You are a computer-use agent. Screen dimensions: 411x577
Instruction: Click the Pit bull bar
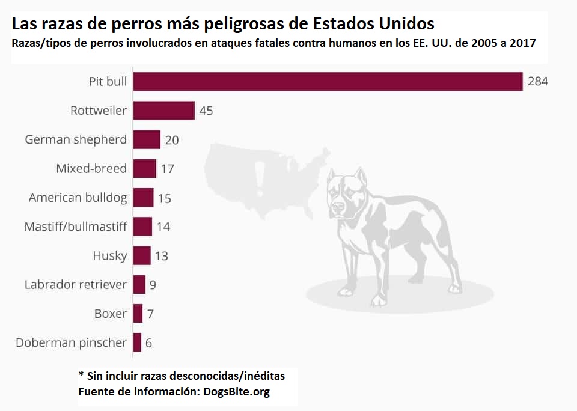[x=328, y=82]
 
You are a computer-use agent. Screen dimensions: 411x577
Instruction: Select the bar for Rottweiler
[x=163, y=111]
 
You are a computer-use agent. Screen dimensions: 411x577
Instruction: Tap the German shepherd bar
[x=147, y=139]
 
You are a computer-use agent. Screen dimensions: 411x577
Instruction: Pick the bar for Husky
[x=142, y=255]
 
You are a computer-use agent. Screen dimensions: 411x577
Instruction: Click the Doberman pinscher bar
[x=137, y=342]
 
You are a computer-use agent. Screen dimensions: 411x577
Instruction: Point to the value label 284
[x=538, y=82]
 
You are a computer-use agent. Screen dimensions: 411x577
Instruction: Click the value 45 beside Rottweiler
[x=206, y=111]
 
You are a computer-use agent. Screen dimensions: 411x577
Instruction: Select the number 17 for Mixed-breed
[x=167, y=169]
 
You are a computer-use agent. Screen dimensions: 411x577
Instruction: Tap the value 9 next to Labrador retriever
[x=153, y=285]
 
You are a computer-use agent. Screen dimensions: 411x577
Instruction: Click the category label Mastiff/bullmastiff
[x=76, y=227]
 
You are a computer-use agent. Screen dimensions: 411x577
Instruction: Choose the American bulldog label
[x=78, y=198]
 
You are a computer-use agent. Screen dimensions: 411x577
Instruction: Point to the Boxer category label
[x=111, y=314]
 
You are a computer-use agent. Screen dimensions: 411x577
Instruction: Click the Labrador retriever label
[x=76, y=285]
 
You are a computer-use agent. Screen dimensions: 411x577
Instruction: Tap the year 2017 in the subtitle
[x=522, y=44]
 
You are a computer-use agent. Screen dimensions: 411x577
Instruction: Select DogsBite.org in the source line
[x=236, y=392]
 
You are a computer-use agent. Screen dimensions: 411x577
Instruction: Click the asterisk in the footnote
[x=81, y=375]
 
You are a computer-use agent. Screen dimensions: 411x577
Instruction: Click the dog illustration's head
[x=347, y=192]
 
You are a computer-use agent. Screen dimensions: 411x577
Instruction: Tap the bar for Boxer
[x=138, y=314]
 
